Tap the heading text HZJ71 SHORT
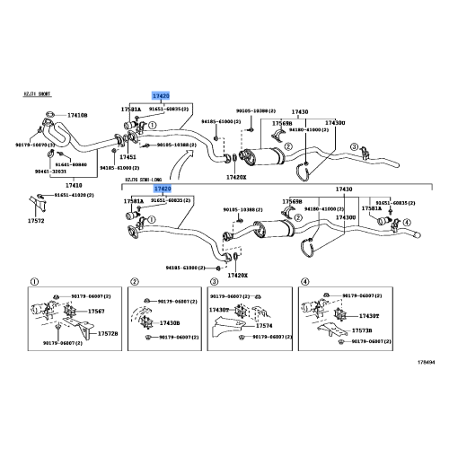click(x=39, y=92)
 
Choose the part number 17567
click(x=93, y=310)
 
